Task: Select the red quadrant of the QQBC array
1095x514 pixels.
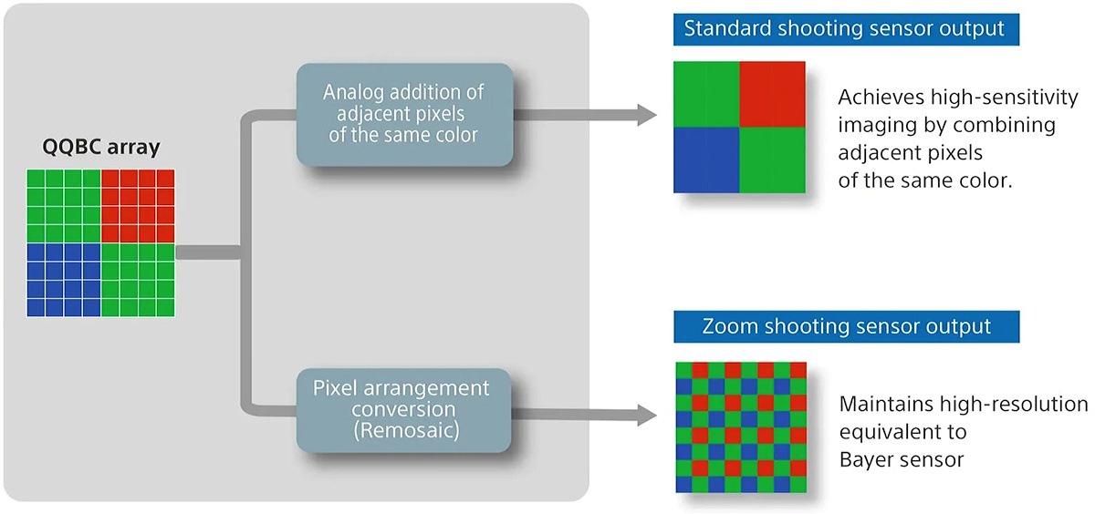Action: (x=138, y=205)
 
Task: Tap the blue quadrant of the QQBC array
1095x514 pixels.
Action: (x=64, y=278)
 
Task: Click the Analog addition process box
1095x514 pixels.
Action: (x=403, y=115)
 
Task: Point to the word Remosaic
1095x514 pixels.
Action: (x=401, y=433)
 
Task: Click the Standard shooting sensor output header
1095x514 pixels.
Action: (x=844, y=28)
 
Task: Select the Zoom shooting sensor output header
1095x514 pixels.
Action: (x=844, y=325)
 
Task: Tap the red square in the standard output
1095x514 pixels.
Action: (x=772, y=94)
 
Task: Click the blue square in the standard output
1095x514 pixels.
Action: (x=706, y=159)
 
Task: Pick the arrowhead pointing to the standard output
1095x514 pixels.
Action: (x=646, y=115)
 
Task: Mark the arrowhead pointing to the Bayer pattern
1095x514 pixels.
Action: (x=646, y=416)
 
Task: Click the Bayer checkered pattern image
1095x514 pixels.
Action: (x=741, y=427)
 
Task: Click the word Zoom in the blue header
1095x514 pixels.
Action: (x=726, y=325)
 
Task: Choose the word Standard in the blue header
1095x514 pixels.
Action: (x=725, y=28)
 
